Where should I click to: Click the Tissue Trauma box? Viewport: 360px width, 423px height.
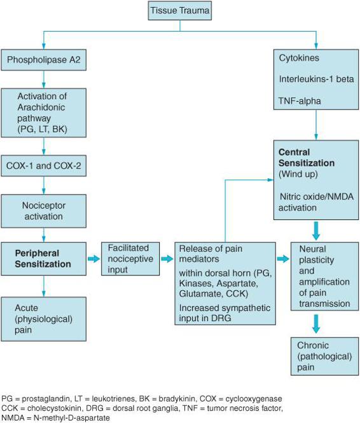[180, 11]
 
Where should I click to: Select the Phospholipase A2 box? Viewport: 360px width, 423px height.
[44, 60]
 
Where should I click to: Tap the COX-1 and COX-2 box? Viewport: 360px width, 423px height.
[44, 165]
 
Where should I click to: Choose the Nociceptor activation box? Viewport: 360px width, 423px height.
[44, 211]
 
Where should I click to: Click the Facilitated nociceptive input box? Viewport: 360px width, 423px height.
[130, 259]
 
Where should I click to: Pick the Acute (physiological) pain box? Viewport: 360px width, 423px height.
[44, 319]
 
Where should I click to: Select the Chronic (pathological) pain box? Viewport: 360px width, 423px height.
[324, 356]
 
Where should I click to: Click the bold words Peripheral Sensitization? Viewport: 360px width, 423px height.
[43, 258]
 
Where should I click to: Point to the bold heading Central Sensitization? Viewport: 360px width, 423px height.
[307, 158]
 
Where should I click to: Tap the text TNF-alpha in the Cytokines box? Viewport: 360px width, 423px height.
[300, 101]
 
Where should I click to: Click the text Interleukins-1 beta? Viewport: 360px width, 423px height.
[316, 79]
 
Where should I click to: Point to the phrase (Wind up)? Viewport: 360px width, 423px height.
[298, 174]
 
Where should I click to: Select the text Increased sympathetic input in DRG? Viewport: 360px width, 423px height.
[225, 313]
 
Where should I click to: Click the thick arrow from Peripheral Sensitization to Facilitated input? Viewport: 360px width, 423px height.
[94, 259]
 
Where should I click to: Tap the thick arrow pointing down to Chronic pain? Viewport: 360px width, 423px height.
[316, 324]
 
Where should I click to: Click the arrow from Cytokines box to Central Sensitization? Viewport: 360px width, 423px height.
[316, 125]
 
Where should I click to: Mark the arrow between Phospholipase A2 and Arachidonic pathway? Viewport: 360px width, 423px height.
[44, 80]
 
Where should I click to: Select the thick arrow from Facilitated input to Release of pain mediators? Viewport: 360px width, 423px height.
[167, 259]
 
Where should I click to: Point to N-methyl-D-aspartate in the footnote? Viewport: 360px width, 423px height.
[72, 418]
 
